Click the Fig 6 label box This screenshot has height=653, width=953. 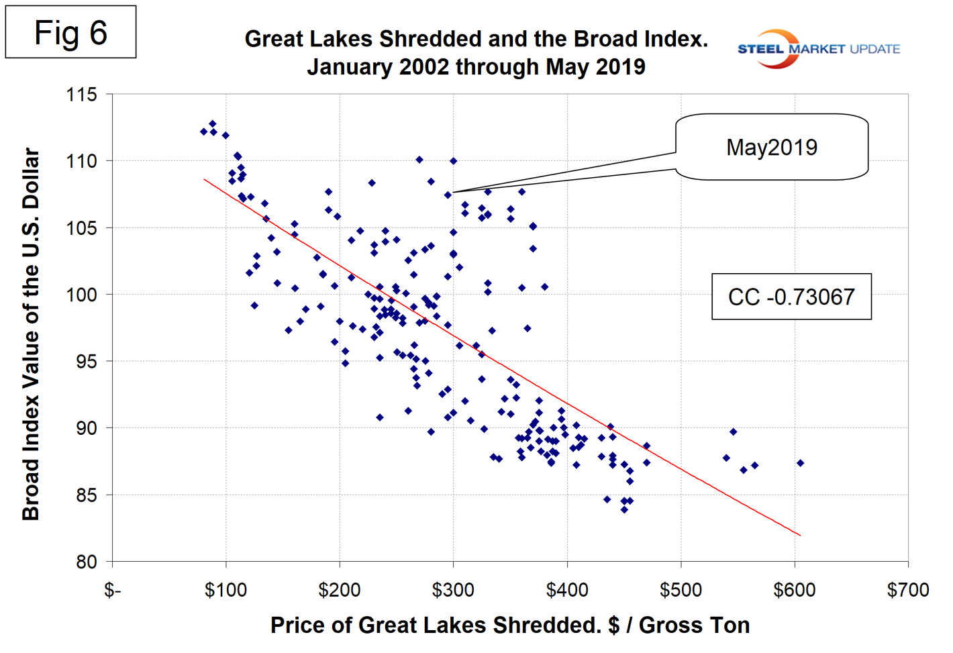(70, 32)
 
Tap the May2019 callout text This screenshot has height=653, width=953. (771, 148)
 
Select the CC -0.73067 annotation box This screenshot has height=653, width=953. (791, 297)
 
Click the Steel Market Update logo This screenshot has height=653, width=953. (818, 48)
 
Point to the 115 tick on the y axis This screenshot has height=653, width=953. (81, 95)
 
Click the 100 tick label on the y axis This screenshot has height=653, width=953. (81, 295)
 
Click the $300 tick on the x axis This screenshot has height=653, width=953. (453, 591)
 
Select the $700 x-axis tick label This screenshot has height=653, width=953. (907, 591)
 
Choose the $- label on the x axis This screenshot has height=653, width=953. (112, 591)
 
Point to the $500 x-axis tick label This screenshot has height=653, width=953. (681, 591)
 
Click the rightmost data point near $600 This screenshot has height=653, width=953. (800, 463)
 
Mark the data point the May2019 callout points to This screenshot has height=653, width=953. (448, 195)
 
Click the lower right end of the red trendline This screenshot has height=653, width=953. (799, 535)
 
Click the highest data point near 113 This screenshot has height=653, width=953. (212, 124)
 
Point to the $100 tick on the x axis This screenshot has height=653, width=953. (225, 591)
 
